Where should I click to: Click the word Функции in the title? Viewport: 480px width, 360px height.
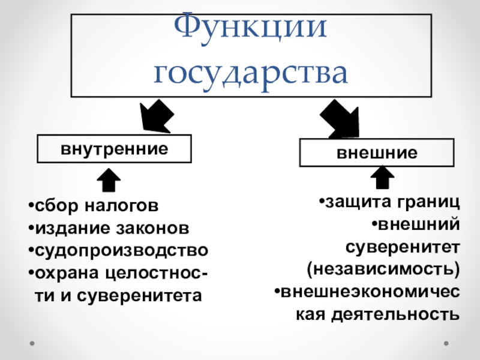click(251, 29)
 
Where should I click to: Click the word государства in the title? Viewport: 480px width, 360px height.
click(251, 72)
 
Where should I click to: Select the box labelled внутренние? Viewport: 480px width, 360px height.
click(114, 148)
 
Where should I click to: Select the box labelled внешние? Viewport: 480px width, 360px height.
click(377, 152)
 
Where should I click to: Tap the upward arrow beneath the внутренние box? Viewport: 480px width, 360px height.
click(109, 181)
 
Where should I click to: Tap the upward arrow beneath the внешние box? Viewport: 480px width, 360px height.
click(382, 178)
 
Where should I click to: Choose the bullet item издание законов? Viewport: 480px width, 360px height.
click(111, 228)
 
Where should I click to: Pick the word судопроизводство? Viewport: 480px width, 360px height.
click(122, 250)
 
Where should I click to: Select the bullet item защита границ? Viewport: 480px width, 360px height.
click(390, 201)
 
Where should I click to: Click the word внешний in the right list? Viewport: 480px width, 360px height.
click(418, 224)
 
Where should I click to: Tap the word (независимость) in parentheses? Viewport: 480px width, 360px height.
click(383, 268)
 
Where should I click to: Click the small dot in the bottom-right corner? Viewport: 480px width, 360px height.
click(446, 344)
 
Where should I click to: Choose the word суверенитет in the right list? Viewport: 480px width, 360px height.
click(402, 246)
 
